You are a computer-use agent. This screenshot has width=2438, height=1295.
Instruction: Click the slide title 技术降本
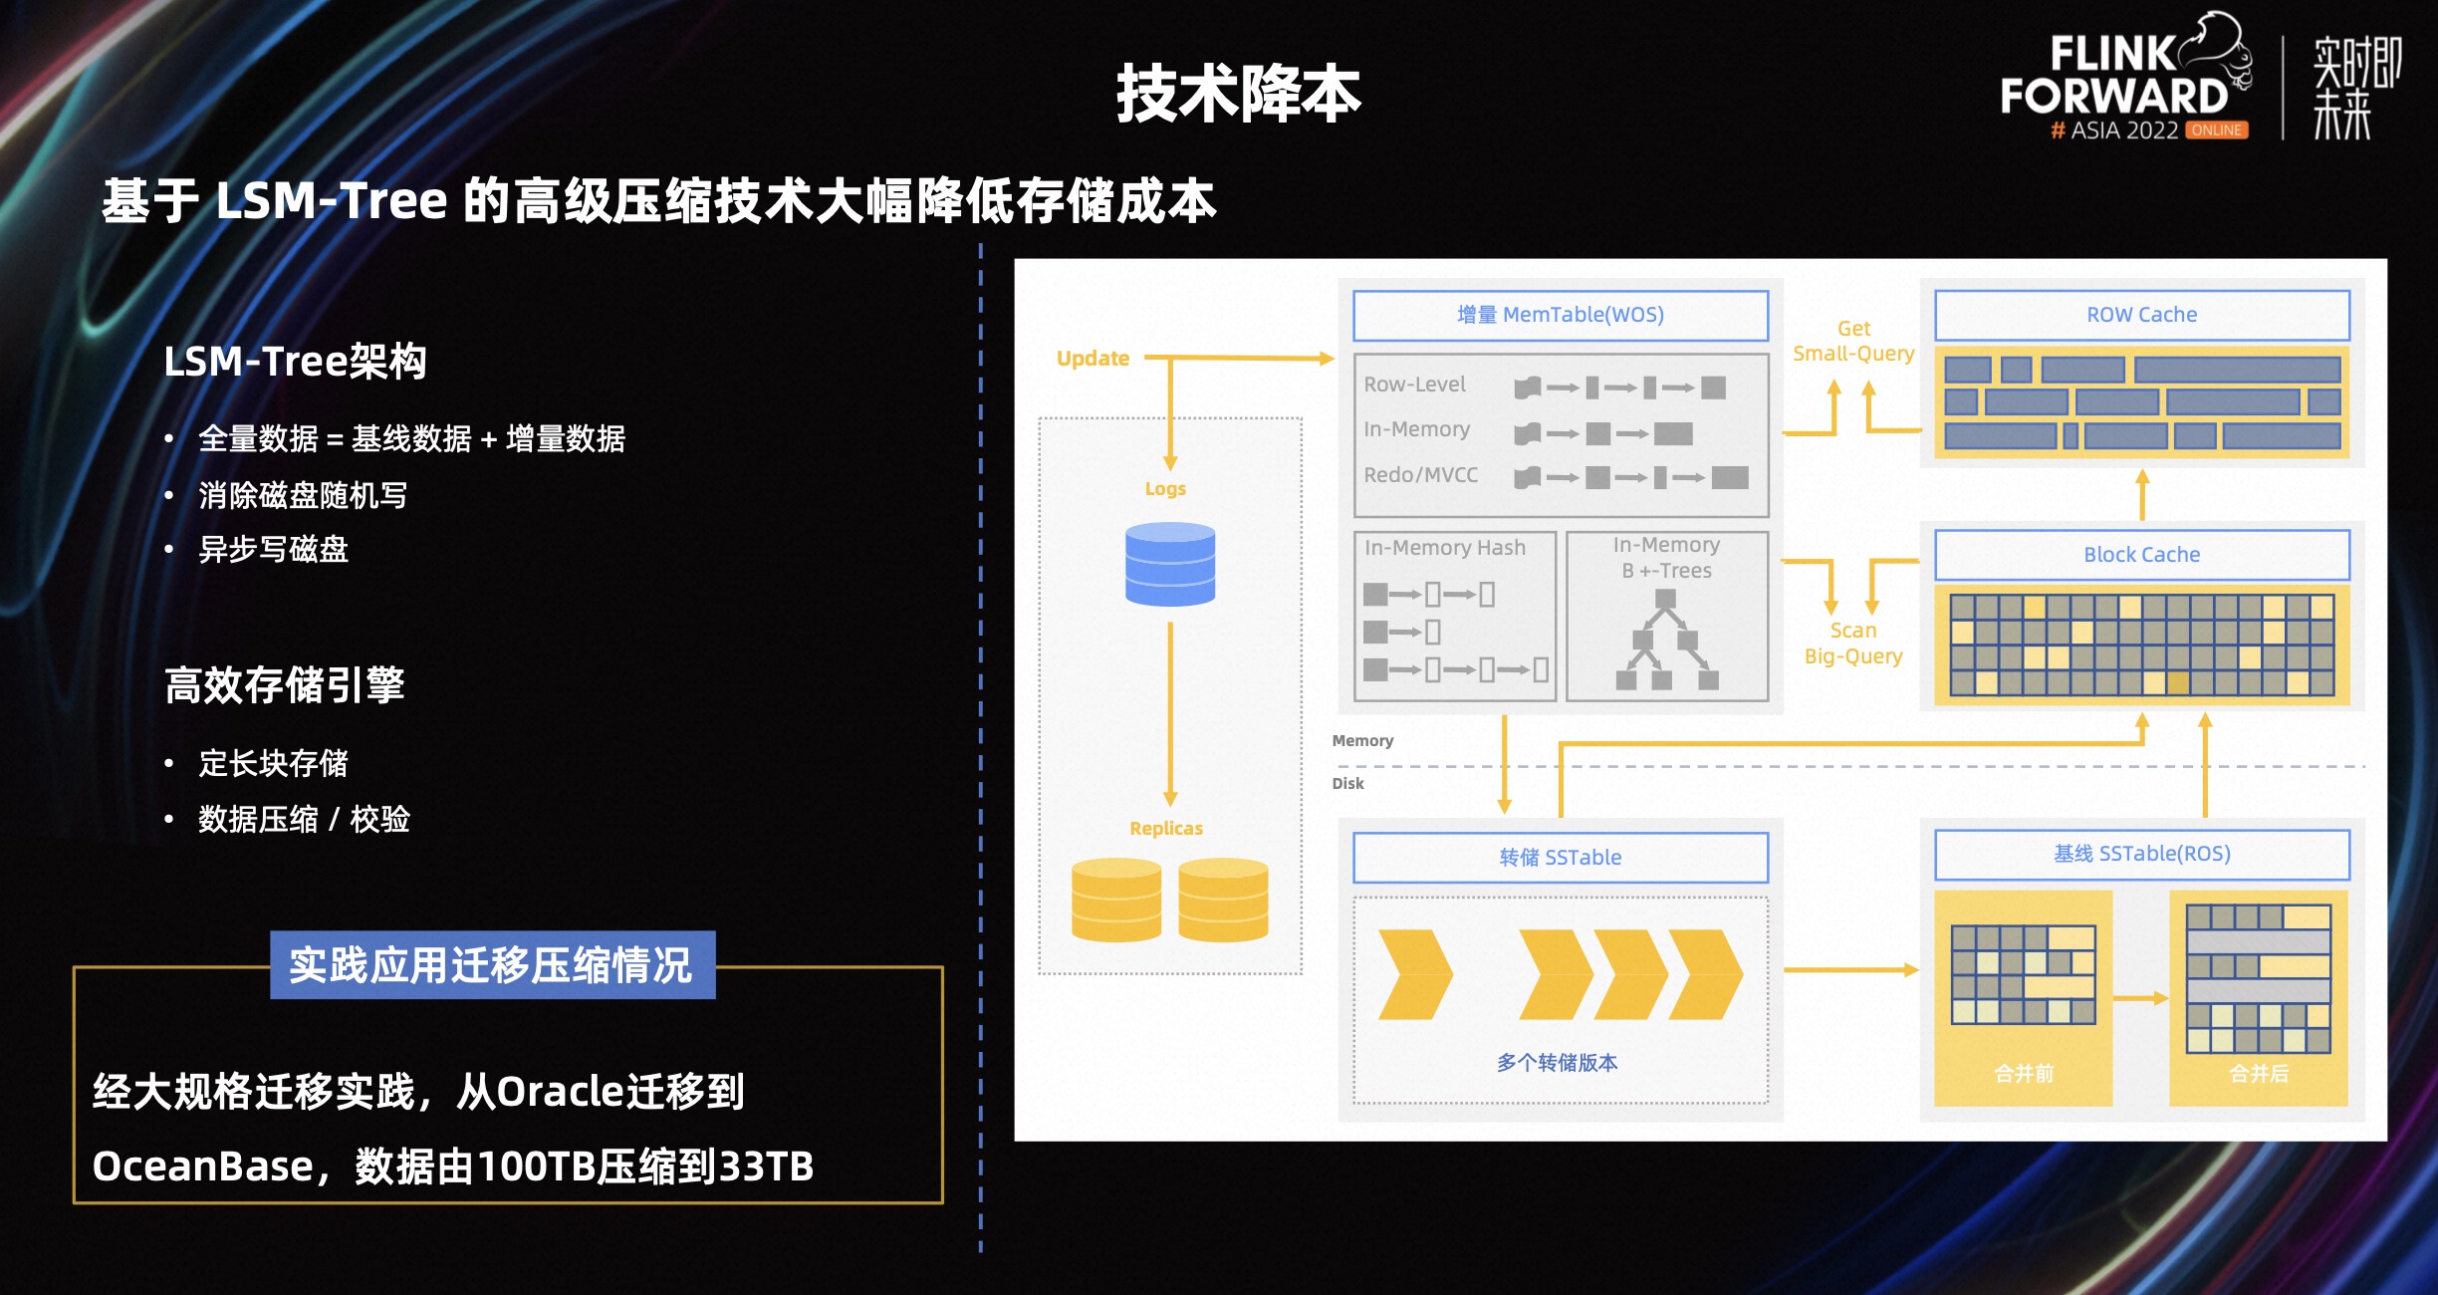[1238, 95]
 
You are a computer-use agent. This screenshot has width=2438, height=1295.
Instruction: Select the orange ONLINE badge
[2217, 130]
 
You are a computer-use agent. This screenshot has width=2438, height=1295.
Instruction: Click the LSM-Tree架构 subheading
[295, 362]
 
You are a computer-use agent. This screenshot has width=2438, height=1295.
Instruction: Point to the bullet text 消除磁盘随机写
[303, 495]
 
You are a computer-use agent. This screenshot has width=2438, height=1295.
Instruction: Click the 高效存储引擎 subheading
[285, 685]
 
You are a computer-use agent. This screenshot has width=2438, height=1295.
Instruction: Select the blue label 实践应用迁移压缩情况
[492, 965]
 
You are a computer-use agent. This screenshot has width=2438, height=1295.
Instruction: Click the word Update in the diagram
[1093, 359]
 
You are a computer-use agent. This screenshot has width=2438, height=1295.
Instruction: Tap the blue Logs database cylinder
[1170, 564]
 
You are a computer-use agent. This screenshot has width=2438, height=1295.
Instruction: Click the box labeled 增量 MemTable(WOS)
[1560, 316]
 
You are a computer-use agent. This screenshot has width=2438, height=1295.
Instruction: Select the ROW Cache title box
[2141, 315]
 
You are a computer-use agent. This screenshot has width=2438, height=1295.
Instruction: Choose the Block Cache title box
[2141, 555]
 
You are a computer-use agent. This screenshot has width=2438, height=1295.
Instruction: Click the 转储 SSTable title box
[1560, 858]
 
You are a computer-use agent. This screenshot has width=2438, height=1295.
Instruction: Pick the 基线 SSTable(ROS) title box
[2141, 854]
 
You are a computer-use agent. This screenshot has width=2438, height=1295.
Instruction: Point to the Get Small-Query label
[1853, 341]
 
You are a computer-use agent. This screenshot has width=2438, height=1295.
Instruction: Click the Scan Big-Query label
[1853, 644]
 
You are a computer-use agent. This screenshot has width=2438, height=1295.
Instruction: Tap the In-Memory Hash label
[1444, 548]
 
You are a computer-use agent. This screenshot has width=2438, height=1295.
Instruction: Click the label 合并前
[2024, 1074]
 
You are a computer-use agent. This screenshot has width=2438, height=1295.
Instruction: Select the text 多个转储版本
[1557, 1063]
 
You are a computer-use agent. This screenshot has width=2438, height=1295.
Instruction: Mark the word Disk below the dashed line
[1347, 784]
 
